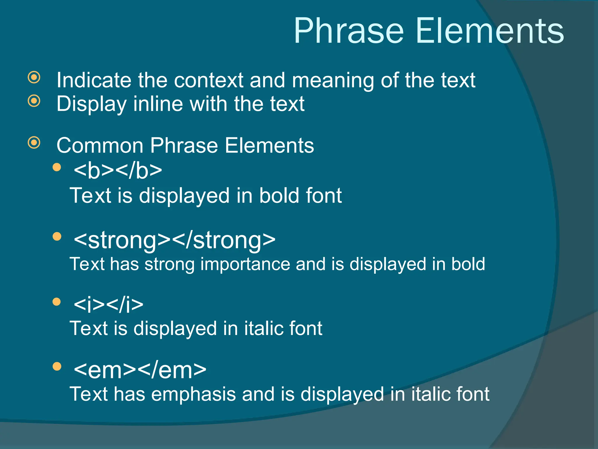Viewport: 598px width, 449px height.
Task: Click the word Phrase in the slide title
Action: (x=349, y=31)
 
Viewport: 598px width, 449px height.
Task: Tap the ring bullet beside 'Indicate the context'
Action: (x=34, y=77)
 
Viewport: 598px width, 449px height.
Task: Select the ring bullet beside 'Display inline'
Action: (x=34, y=101)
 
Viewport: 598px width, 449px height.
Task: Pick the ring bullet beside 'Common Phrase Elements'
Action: (x=34, y=143)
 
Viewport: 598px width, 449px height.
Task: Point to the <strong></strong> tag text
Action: (x=175, y=240)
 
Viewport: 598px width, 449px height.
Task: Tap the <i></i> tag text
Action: (x=109, y=305)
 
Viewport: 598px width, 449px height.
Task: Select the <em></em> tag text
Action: (x=140, y=370)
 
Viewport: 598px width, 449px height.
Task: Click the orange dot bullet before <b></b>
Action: (x=57, y=167)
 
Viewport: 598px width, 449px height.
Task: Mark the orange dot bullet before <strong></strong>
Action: (x=57, y=236)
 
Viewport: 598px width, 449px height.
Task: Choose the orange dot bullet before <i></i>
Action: (x=57, y=302)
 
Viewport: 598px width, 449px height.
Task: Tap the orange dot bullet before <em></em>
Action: (x=57, y=366)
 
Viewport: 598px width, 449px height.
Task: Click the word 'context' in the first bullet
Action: (x=208, y=80)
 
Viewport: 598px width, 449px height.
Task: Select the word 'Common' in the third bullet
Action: (x=100, y=146)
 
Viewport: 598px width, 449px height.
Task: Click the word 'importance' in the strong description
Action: (x=245, y=264)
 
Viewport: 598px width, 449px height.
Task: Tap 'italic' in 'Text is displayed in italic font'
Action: (x=260, y=328)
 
